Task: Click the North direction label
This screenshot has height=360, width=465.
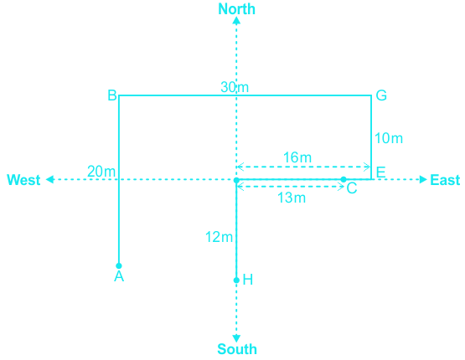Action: pos(236,9)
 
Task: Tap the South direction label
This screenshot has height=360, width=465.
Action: pos(237,349)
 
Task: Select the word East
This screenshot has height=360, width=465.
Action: pos(445,180)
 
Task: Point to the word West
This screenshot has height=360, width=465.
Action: pos(23,180)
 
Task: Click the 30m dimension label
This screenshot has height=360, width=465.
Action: pos(235,87)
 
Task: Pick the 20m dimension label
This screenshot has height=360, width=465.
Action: pos(101,172)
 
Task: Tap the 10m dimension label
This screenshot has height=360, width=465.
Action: pos(389,138)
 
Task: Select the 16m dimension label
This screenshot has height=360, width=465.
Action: pos(297,157)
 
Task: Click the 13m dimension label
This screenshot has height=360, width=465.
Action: pos(292,198)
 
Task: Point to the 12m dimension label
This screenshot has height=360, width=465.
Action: pos(219,237)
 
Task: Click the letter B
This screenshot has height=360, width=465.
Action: pos(112,95)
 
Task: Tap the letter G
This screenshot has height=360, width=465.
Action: pos(381,95)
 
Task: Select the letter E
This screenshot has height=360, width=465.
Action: pos(380,172)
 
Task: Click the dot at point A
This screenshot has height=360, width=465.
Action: pos(119,265)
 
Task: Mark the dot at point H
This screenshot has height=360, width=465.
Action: pos(236,280)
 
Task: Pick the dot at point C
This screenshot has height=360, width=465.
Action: pos(344,179)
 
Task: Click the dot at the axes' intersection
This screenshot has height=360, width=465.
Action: pos(236,180)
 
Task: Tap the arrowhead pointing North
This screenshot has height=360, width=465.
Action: pos(236,20)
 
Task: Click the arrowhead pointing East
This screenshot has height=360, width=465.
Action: pos(423,179)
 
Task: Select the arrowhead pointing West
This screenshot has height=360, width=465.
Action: pos(49,179)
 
